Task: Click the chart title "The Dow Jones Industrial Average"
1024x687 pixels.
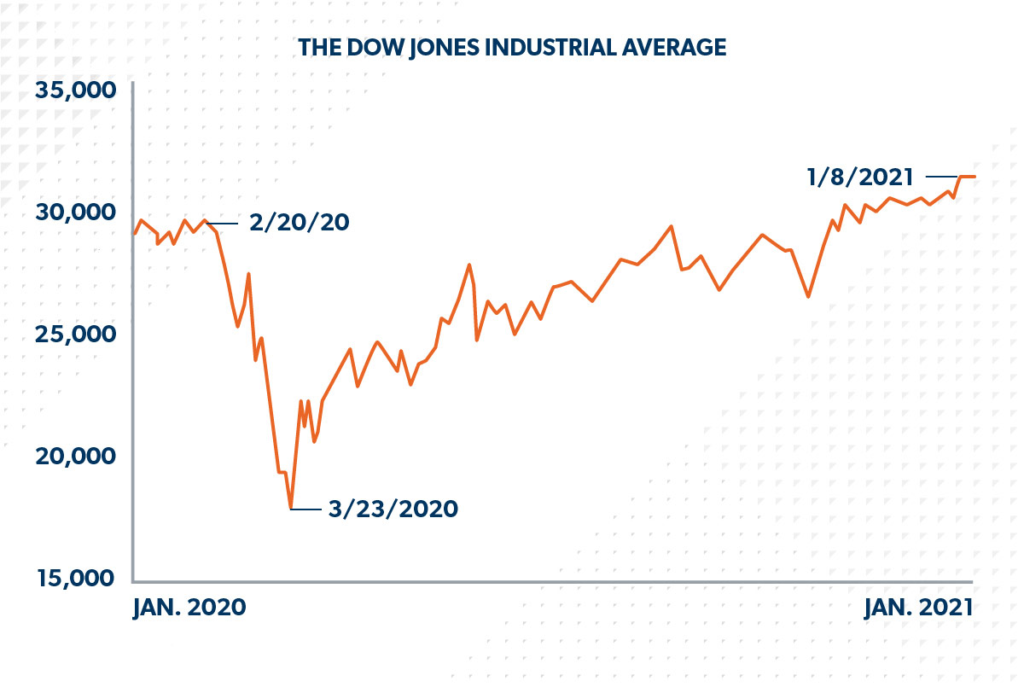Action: click(x=512, y=48)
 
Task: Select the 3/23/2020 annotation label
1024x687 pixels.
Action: click(x=393, y=509)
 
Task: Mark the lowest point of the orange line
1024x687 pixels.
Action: click(x=291, y=508)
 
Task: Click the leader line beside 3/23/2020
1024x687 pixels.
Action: click(x=306, y=509)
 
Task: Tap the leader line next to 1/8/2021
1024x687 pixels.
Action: click(x=941, y=177)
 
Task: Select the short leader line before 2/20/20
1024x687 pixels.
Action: click(x=224, y=224)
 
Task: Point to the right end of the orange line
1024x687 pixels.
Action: click(x=975, y=177)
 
